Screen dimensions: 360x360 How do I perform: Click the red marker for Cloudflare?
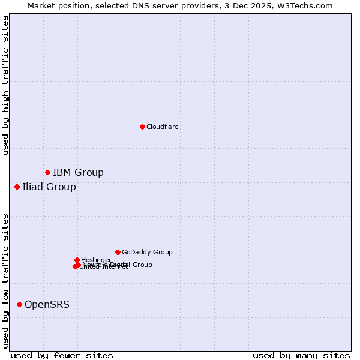coord(142,127)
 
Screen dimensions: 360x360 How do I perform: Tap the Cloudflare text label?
coord(163,127)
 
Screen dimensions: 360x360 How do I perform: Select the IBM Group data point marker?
coord(47,173)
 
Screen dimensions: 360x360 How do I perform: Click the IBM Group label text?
coord(78,173)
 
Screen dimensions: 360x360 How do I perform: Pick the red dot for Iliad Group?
coord(17,187)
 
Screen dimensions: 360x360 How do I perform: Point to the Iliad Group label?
coord(49,187)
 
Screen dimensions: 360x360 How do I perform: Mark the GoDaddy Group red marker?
coord(118,252)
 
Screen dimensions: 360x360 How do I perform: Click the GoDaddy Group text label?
coord(147,252)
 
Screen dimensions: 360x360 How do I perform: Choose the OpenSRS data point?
coord(19,305)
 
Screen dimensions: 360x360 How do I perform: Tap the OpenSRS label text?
coord(47,305)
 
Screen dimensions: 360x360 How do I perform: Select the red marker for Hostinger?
coord(77,260)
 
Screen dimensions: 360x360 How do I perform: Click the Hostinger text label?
coord(96,260)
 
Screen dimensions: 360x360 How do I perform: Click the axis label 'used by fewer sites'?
coord(62,355)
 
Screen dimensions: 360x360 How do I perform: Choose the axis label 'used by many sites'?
coord(301,355)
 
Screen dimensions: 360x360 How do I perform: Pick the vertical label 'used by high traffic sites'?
coord(5,85)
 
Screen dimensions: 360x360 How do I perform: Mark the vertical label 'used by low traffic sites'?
coord(5,280)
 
